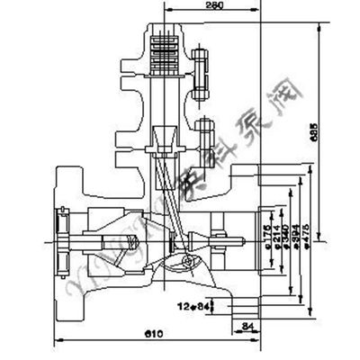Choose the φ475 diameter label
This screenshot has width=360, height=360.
(x=310, y=237)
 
